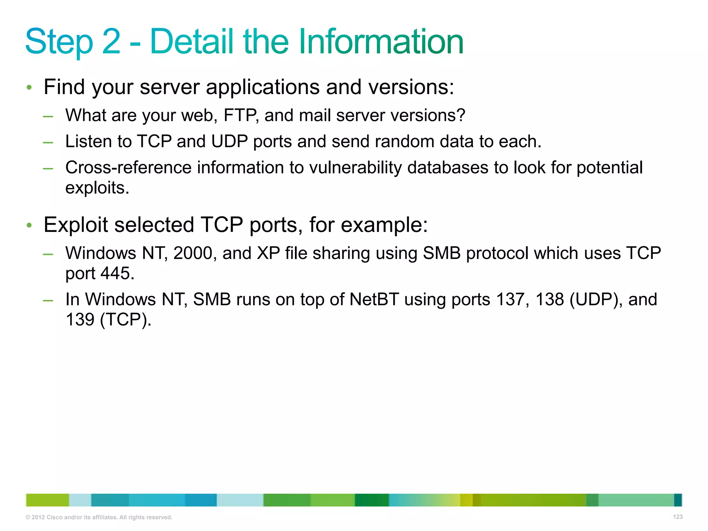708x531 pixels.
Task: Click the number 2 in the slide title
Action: (x=111, y=41)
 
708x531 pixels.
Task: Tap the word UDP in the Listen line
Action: (x=229, y=141)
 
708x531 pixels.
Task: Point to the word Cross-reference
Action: (x=128, y=168)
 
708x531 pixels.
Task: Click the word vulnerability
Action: (x=355, y=168)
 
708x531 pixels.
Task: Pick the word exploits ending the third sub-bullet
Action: (x=97, y=188)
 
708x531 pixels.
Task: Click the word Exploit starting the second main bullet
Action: (x=76, y=225)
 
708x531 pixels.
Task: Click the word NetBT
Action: (x=374, y=299)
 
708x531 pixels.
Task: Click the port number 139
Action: (x=80, y=319)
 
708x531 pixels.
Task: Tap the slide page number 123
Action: (x=678, y=517)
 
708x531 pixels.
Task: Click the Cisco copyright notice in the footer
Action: (x=99, y=517)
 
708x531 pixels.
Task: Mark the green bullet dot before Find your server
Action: (x=29, y=87)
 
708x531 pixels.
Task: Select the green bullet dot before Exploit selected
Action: (x=29, y=225)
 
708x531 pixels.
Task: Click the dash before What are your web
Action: (x=48, y=116)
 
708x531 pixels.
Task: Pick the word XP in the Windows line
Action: (x=268, y=253)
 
